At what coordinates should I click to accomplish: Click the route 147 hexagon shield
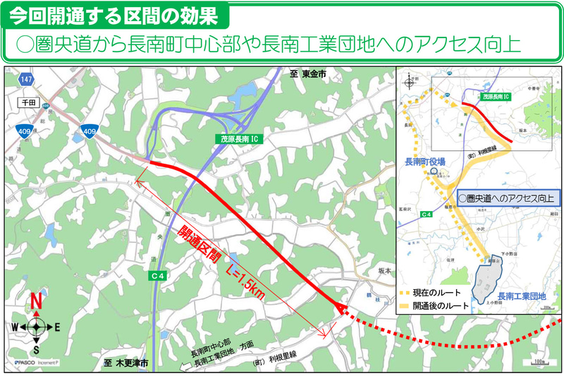point(26,80)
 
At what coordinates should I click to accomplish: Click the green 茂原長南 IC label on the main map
point(238,140)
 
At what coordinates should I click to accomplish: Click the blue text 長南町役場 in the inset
point(424,162)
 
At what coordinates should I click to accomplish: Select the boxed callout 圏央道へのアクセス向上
point(505,198)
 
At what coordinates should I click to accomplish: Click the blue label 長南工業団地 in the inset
point(522,296)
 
